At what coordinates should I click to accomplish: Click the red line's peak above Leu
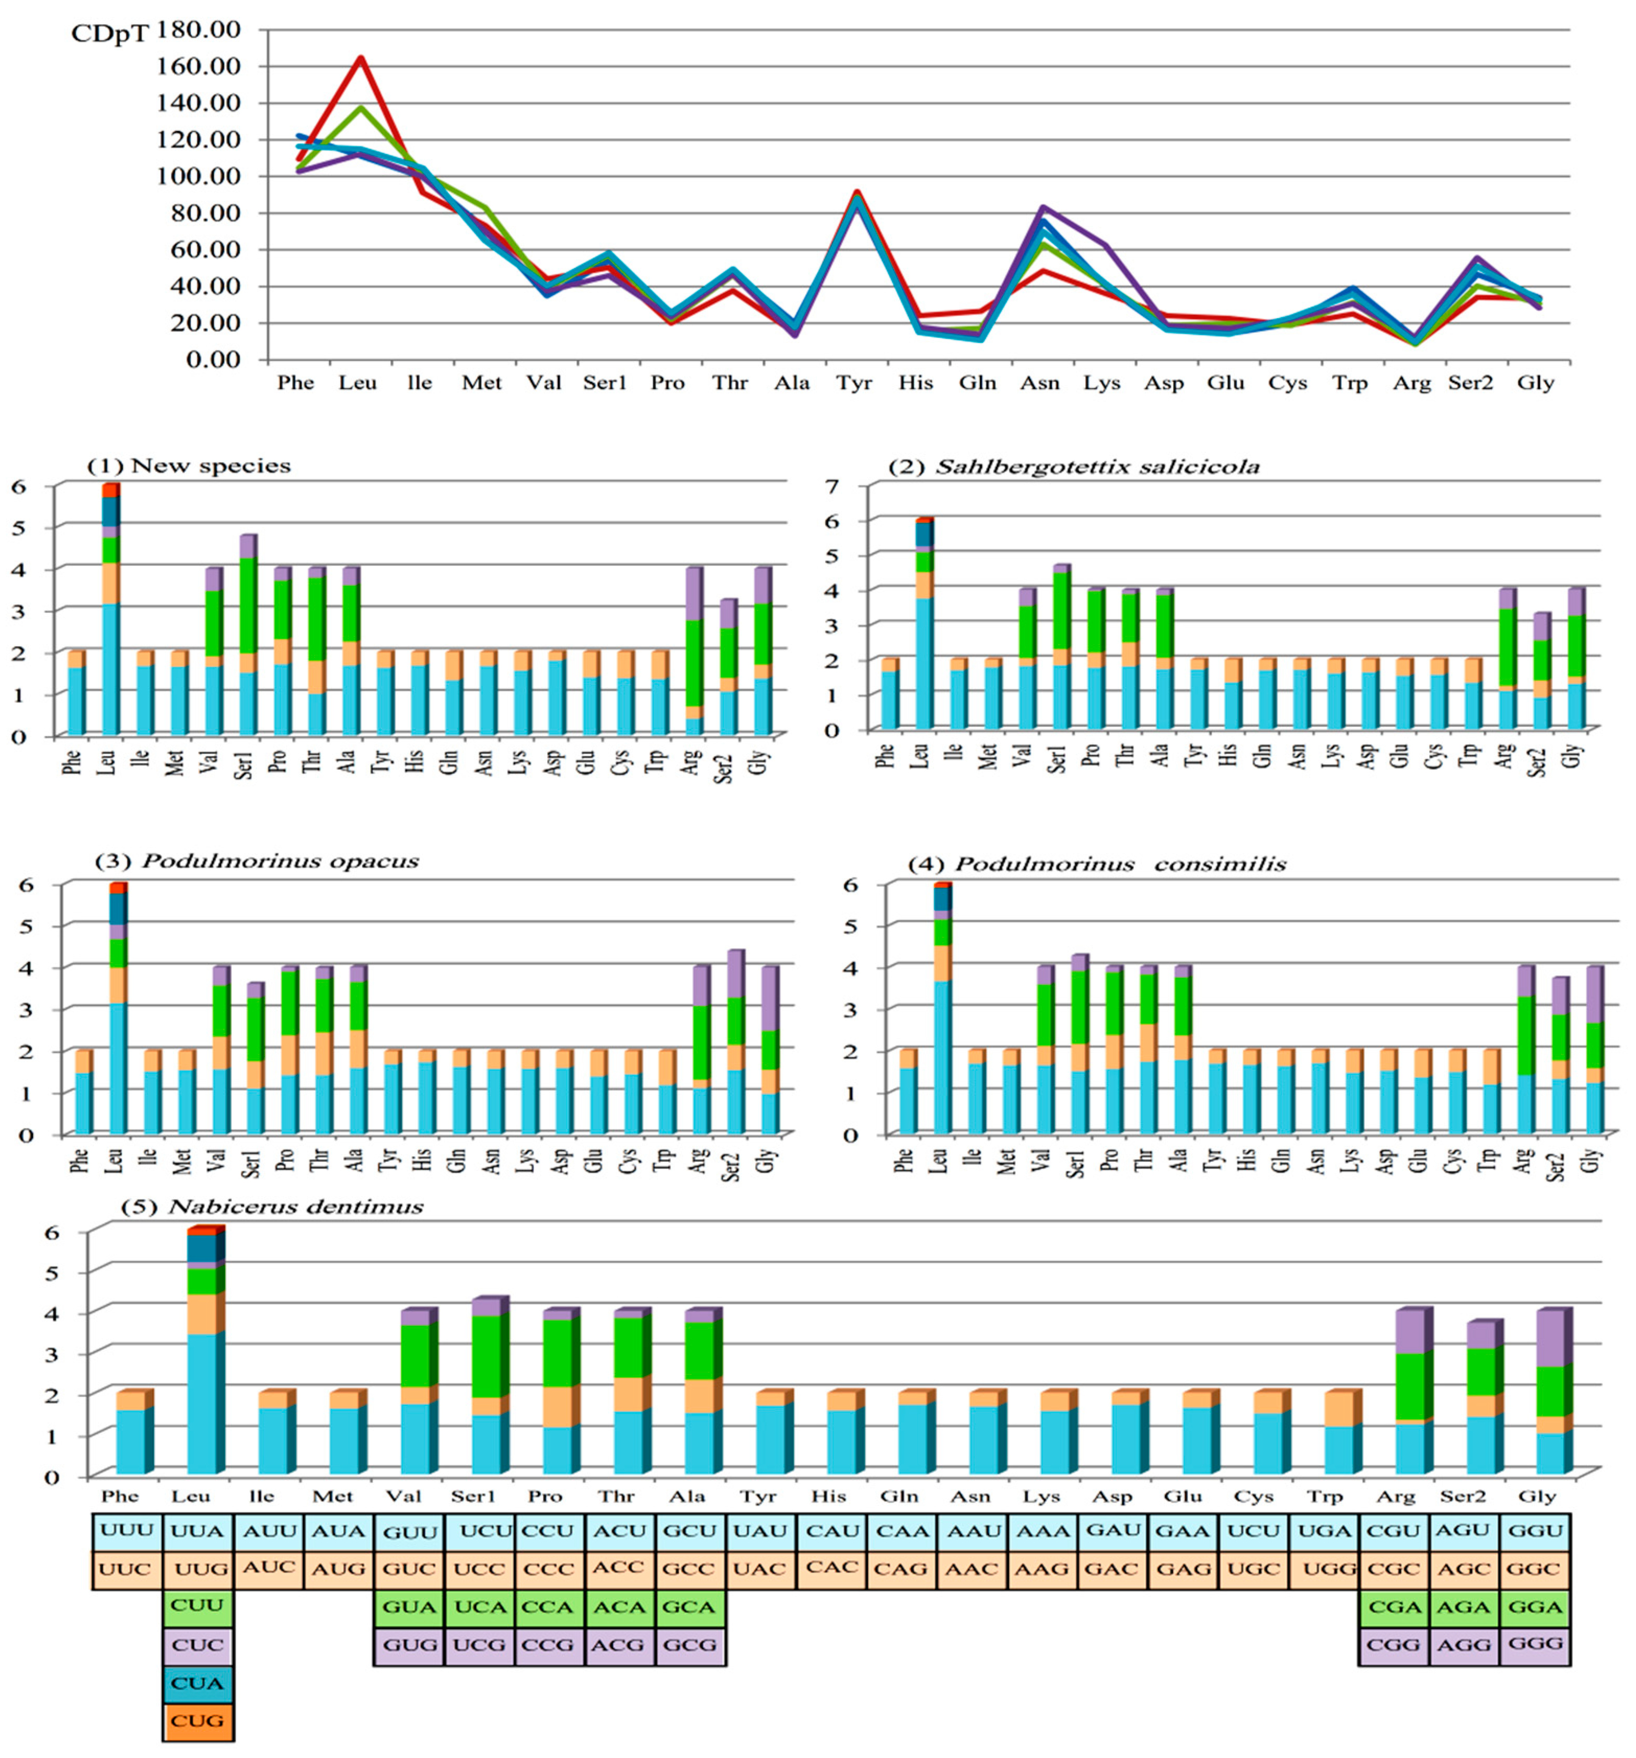click(360, 59)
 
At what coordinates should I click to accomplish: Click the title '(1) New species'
click(188, 466)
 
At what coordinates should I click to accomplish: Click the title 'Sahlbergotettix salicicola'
click(1097, 467)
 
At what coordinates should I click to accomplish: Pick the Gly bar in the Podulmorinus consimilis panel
click(1593, 1053)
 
